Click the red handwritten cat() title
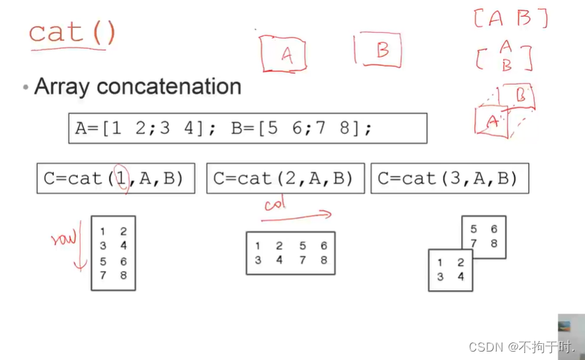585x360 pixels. click(x=71, y=33)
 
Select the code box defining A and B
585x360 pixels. click(x=247, y=128)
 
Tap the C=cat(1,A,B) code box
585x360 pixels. click(x=115, y=179)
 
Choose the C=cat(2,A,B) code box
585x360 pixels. click(x=285, y=179)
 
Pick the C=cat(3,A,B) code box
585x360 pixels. click(x=449, y=179)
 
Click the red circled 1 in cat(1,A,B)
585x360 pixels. click(x=122, y=178)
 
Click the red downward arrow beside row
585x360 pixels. click(x=78, y=245)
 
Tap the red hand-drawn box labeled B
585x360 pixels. click(x=380, y=50)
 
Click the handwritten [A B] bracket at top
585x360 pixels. click(x=510, y=18)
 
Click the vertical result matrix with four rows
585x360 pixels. click(x=113, y=253)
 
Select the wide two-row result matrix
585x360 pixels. click(x=290, y=253)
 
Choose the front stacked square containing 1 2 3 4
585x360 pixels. click(x=450, y=270)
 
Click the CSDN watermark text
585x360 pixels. click(x=521, y=347)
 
